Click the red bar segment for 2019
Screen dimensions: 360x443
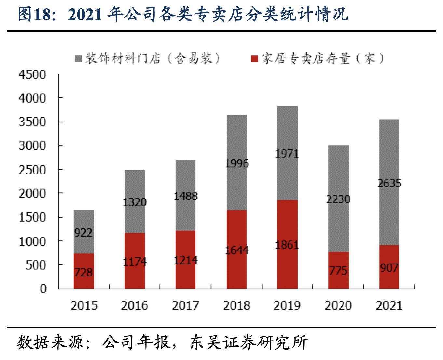point(287,244)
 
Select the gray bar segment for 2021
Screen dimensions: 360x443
point(389,182)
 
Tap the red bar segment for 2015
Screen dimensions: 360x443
point(84,271)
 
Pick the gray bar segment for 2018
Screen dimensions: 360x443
point(236,162)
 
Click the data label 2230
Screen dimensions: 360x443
point(338,199)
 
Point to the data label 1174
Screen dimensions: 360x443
point(135,262)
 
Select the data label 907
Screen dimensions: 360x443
point(389,268)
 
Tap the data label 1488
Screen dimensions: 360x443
point(185,196)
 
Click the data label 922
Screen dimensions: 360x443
point(83,233)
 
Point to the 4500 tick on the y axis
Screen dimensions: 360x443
point(32,75)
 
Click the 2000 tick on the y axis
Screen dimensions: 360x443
point(32,193)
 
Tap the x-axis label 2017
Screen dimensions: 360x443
point(185,306)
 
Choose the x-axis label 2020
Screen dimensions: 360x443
point(338,306)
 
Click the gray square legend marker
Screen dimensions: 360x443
point(78,59)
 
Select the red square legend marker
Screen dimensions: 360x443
point(255,59)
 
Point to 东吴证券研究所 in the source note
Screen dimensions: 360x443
point(249,343)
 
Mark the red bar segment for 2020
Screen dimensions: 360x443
point(338,270)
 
